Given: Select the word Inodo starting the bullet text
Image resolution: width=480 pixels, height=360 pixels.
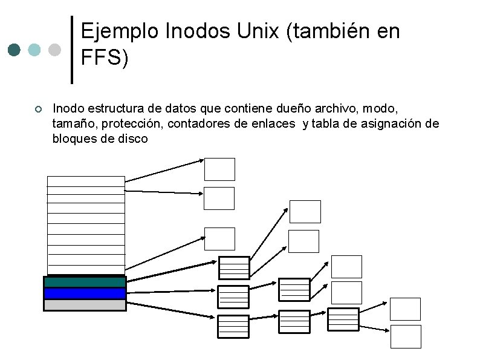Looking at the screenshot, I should click(x=68, y=109).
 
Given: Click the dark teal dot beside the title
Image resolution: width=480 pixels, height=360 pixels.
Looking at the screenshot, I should click(x=15, y=50).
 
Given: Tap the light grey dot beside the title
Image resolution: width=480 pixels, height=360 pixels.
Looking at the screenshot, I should click(x=54, y=50).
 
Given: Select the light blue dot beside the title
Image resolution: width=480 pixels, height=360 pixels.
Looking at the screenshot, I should click(x=34, y=50).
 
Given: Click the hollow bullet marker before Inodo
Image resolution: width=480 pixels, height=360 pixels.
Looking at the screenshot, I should click(x=37, y=110).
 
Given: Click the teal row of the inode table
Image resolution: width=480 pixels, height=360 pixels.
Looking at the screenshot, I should click(x=85, y=282).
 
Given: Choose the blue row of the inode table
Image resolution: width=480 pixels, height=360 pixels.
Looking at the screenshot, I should click(x=85, y=293).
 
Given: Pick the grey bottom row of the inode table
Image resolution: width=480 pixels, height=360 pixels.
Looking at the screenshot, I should click(x=85, y=305).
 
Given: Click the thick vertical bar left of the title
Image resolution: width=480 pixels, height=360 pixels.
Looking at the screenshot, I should click(x=73, y=50).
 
